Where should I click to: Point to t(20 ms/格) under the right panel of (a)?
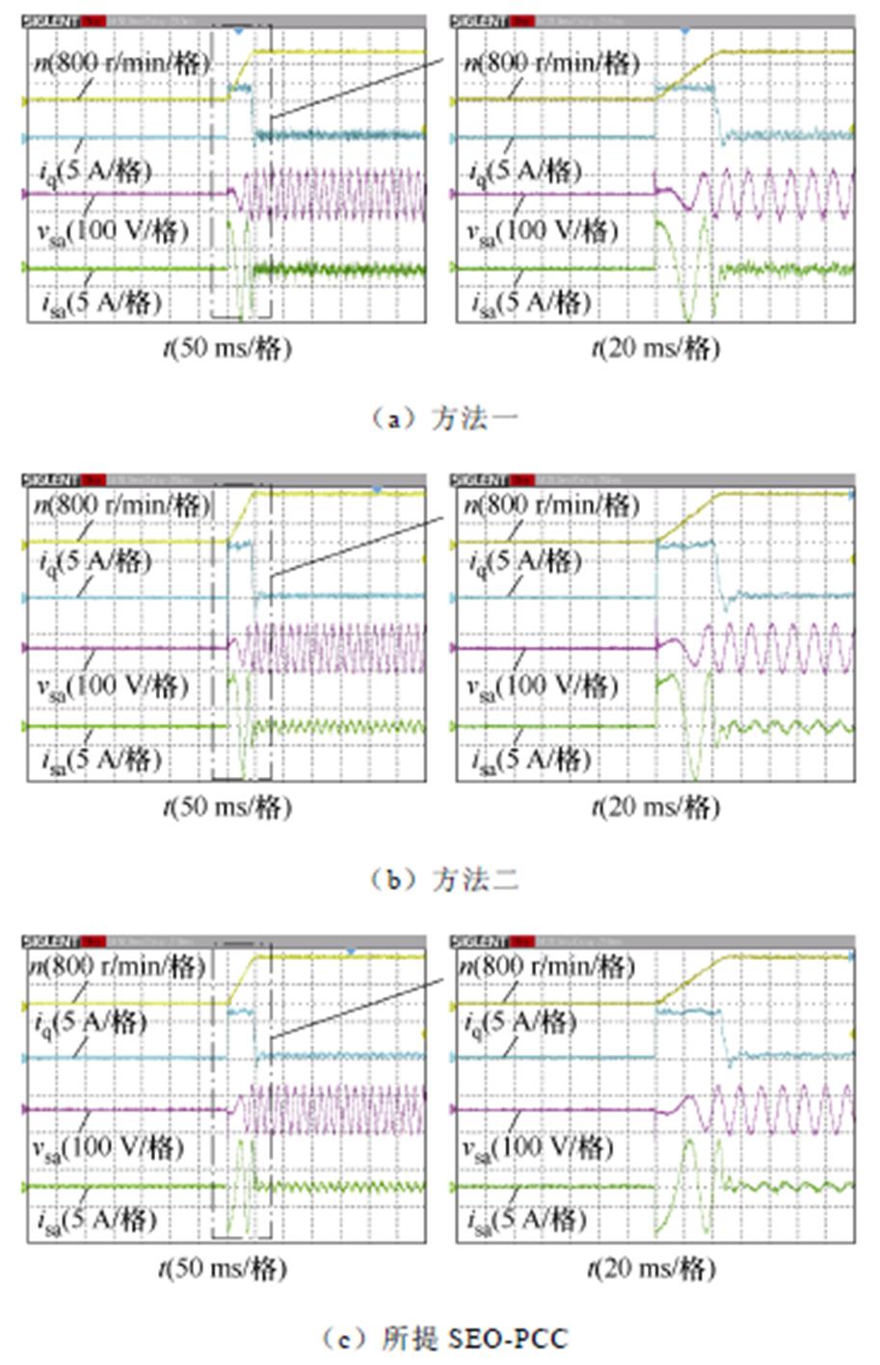(x=655, y=347)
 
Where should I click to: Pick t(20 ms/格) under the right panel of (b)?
(x=655, y=806)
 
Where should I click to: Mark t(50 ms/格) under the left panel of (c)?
(x=224, y=1267)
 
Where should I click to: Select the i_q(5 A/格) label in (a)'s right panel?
(x=526, y=172)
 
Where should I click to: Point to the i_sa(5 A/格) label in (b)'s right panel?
(x=531, y=760)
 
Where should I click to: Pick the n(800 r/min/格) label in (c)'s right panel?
(x=546, y=965)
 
